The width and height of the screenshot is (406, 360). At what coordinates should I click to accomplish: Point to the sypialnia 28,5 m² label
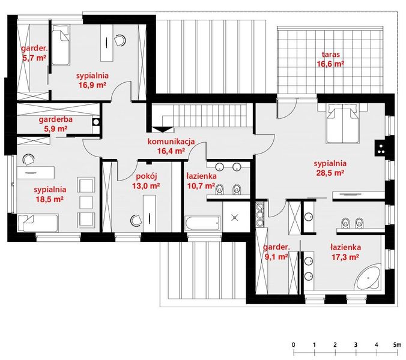coord(330,167)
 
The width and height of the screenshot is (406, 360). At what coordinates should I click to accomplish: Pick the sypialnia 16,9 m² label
coord(91,80)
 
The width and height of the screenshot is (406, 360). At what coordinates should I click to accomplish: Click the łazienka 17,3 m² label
coord(345,251)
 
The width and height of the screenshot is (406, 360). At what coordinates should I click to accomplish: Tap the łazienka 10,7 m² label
coord(200,182)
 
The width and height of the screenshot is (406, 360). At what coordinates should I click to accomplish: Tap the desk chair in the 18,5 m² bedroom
coord(28,160)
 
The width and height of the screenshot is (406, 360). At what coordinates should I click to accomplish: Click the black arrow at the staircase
coord(163,127)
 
